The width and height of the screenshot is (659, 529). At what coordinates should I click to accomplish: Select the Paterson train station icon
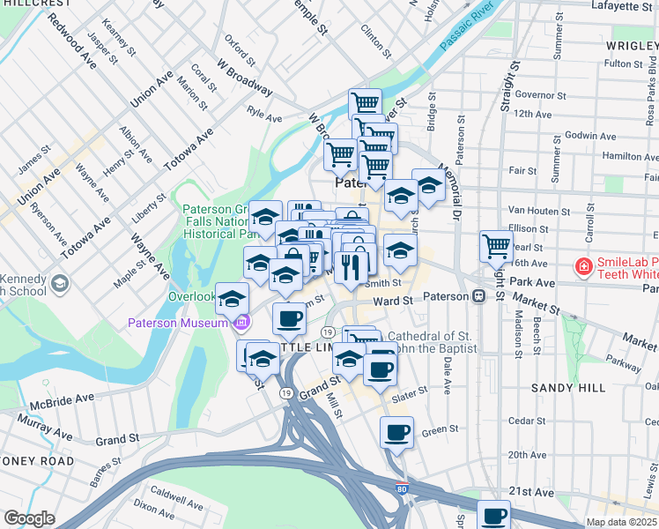click(479, 296)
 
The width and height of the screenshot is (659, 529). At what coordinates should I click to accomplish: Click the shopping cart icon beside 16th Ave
click(496, 246)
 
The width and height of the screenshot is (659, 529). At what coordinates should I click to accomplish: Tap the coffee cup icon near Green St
click(396, 432)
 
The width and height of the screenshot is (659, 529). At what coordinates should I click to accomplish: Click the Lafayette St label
click(622, 6)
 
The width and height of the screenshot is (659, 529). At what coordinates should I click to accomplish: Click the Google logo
click(29, 518)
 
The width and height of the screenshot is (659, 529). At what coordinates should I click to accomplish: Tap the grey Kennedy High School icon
click(59, 283)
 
